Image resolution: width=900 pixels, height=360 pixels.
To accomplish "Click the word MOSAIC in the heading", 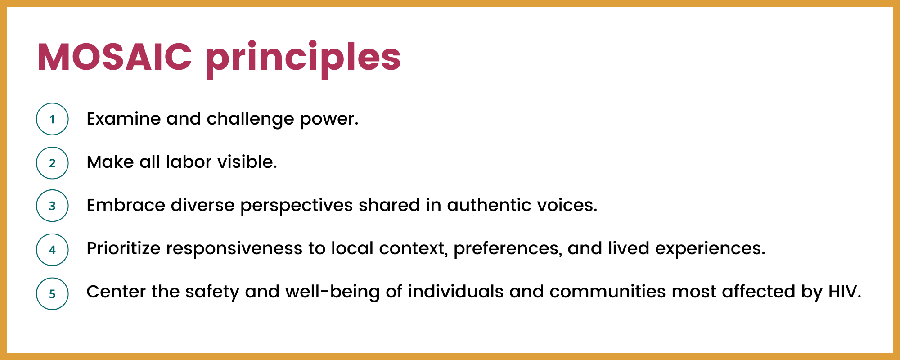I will point(115,57).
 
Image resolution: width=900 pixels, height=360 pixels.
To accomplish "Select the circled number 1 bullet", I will point(52,119).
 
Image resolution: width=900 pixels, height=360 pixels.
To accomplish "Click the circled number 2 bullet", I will point(52,163).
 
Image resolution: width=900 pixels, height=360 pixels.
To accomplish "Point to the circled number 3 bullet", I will point(52,206).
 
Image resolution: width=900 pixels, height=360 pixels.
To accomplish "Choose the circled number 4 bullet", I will point(52,250).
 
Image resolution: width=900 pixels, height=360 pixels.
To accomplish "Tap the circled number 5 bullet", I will point(52,294).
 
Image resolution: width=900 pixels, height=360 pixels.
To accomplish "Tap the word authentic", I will point(489,205).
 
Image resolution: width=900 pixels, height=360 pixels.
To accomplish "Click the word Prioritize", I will point(123,248).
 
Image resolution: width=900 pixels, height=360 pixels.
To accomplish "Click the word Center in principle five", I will point(116,292).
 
